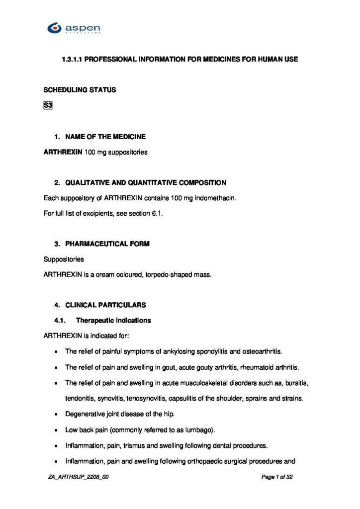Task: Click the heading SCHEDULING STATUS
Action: pos(80,90)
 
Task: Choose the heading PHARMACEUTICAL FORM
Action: pos(107,244)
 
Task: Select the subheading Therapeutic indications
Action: pos(113,321)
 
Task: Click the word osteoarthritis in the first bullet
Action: pos(262,351)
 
